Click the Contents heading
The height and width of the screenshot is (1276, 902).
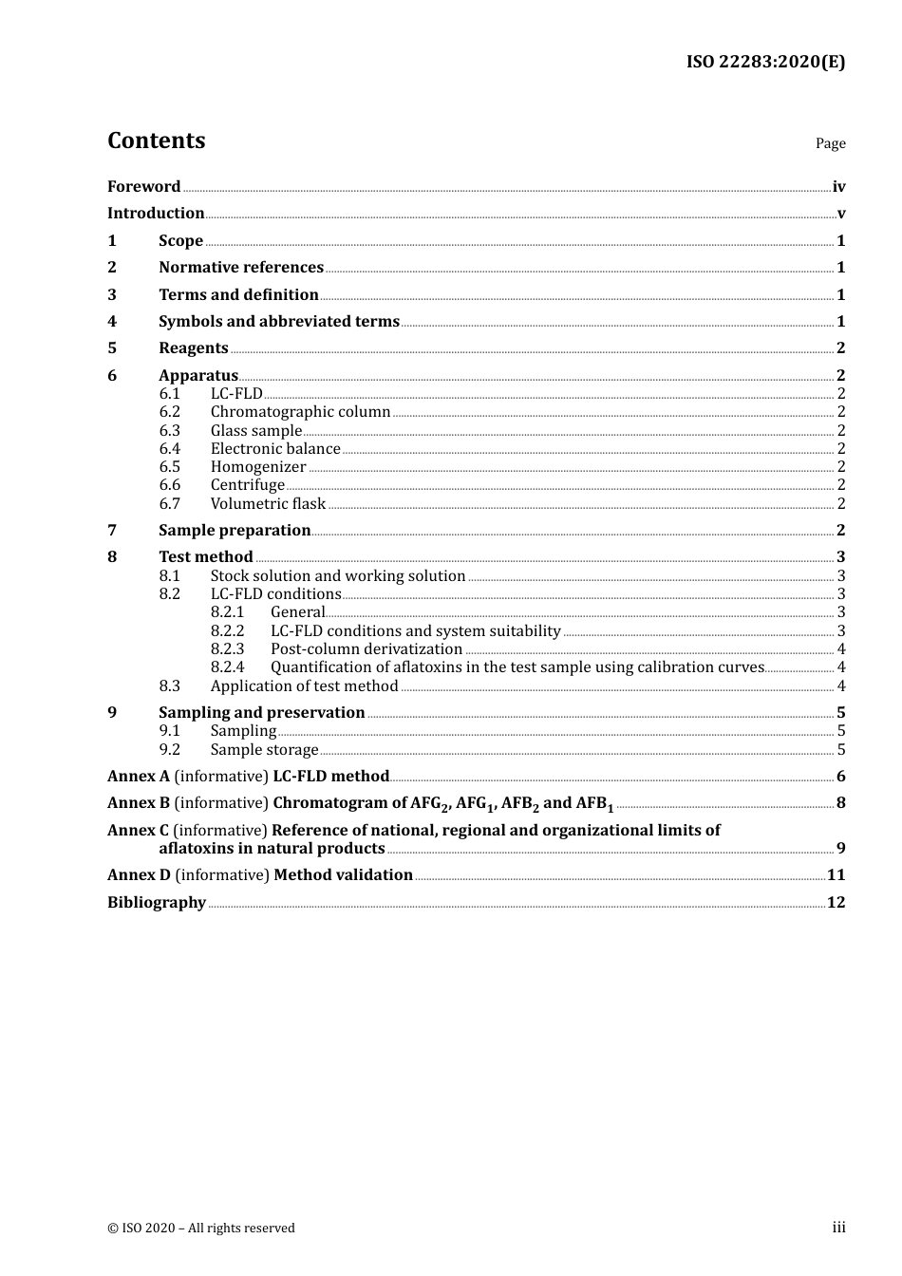(156, 141)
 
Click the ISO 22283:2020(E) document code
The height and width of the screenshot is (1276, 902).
(765, 63)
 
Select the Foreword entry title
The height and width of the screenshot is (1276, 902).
(143, 187)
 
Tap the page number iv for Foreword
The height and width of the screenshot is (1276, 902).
(838, 187)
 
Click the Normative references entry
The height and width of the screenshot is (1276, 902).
(241, 268)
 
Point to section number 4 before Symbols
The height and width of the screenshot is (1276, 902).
(112, 322)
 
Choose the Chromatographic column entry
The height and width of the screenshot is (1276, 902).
(300, 412)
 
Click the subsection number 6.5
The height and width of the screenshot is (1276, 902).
(170, 467)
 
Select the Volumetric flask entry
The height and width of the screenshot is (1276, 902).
(268, 504)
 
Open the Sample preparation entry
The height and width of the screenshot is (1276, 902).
(235, 531)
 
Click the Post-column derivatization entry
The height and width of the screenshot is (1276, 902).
(366, 649)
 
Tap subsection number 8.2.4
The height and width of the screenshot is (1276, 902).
(228, 667)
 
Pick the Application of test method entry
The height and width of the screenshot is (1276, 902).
(304, 686)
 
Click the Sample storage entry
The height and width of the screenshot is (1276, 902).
(264, 750)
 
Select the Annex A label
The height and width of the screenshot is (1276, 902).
(139, 777)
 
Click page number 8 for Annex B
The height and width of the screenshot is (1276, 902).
(841, 803)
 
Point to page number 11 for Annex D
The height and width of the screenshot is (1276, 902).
(836, 875)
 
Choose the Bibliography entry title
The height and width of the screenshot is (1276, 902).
(157, 903)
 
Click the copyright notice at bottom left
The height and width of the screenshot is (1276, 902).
(201, 1229)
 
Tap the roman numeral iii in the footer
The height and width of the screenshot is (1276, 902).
(838, 1228)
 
